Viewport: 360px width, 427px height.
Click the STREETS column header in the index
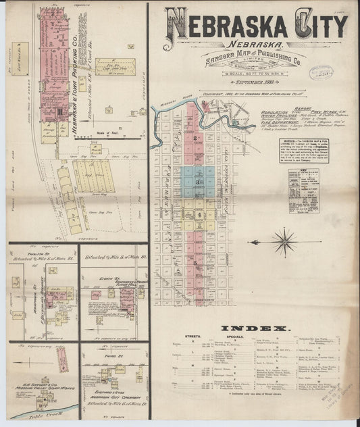tap(191, 336)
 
